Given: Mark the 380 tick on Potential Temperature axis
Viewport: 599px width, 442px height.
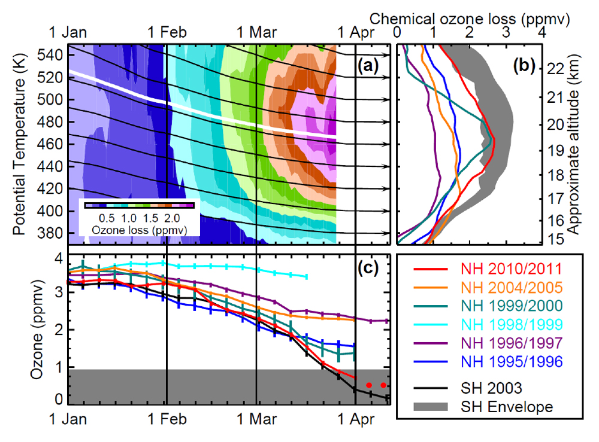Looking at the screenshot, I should click(x=52, y=233).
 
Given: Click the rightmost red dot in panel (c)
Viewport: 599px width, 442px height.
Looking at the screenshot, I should click(x=383, y=385).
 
